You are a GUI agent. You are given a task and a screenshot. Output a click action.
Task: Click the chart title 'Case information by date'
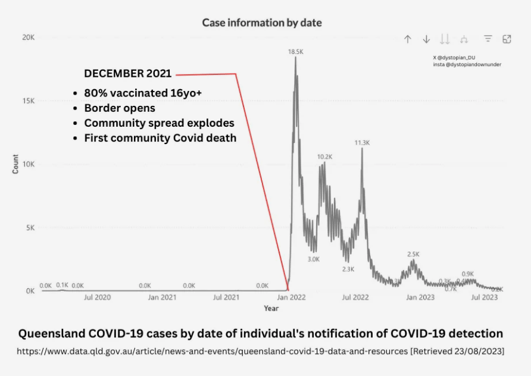click(x=262, y=23)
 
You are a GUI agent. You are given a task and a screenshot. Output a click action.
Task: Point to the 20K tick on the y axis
click(x=28, y=37)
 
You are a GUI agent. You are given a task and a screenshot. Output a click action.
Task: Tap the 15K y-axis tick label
click(x=28, y=101)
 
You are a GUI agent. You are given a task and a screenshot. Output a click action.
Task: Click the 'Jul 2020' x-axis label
click(x=97, y=297)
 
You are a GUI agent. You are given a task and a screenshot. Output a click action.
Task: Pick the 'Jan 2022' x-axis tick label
click(x=291, y=297)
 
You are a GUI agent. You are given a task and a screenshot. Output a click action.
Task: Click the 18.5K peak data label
click(x=296, y=52)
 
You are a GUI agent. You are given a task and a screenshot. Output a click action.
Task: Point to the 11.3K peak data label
click(x=362, y=143)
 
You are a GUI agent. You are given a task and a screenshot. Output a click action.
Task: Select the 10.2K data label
click(x=324, y=157)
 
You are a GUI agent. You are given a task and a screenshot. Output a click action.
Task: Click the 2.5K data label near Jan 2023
click(x=413, y=254)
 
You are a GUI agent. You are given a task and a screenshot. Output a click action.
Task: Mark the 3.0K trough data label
click(x=314, y=259)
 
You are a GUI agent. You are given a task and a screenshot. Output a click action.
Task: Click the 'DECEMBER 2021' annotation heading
click(x=127, y=74)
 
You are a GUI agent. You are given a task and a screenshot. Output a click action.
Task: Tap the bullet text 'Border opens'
click(x=120, y=108)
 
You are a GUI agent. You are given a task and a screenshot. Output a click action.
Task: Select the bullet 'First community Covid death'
click(x=160, y=138)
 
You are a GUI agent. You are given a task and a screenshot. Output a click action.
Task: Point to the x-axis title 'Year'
click(x=271, y=308)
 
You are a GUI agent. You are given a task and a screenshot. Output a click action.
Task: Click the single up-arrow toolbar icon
click(x=408, y=39)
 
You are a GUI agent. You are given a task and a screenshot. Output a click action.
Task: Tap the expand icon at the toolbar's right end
click(x=507, y=39)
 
